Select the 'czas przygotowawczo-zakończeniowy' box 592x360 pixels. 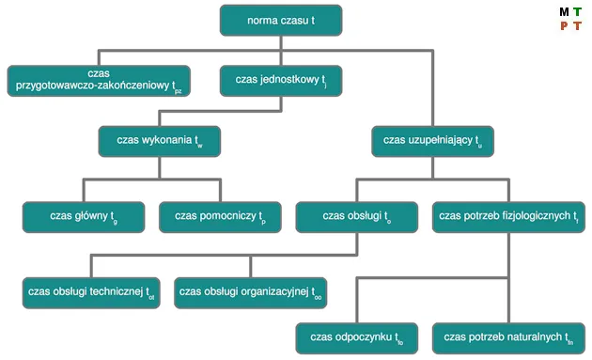99,81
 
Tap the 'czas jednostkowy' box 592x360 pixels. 281,81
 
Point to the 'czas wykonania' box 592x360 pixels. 160,140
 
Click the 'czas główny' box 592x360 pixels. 83,216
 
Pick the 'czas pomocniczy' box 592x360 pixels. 220,216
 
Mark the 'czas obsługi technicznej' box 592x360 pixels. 91,292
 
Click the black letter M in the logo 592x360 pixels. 564,12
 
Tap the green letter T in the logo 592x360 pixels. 577,12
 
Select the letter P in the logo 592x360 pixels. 564,26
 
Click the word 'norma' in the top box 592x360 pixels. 265,20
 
